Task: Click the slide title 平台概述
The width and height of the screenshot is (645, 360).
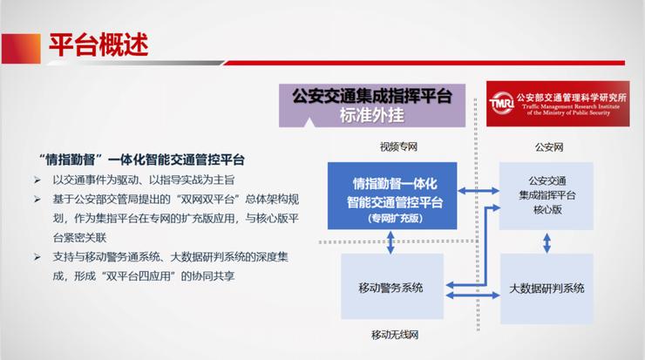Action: [96, 41]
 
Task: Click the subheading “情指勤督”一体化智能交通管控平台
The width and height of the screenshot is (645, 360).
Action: [143, 160]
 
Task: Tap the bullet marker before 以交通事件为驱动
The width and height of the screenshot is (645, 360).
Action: [37, 180]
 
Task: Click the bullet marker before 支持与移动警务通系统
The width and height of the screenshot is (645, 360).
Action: [37, 257]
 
